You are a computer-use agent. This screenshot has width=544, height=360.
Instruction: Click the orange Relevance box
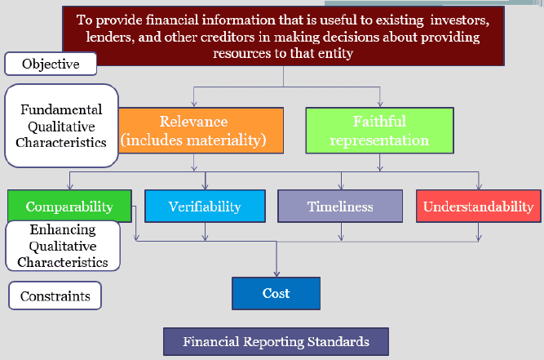click(201, 131)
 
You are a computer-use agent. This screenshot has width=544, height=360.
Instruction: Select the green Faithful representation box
click(379, 131)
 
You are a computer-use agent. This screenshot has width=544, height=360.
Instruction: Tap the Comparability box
click(69, 206)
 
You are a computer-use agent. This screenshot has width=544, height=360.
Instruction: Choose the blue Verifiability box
click(205, 207)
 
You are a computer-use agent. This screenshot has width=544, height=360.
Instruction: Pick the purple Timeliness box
click(340, 207)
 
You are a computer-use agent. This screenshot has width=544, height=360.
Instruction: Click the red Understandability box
click(479, 207)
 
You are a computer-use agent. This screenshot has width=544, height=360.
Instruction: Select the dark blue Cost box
click(276, 293)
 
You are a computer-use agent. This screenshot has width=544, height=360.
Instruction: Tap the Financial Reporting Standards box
click(276, 341)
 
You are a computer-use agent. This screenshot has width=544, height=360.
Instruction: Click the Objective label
click(51, 64)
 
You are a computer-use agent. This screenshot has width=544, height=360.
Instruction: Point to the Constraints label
click(55, 296)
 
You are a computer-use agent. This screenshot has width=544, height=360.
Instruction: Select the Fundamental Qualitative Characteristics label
click(61, 126)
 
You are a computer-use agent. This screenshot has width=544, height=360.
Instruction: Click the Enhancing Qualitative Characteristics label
click(63, 246)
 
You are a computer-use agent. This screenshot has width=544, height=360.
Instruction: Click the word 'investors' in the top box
click(460, 20)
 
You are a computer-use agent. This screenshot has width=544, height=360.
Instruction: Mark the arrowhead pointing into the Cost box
click(276, 274)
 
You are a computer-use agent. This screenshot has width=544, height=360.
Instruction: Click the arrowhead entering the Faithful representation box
click(380, 104)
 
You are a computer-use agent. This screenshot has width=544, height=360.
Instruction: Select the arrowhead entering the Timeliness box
click(341, 187)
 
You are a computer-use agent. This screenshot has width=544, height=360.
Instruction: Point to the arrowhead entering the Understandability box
click(479, 187)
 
